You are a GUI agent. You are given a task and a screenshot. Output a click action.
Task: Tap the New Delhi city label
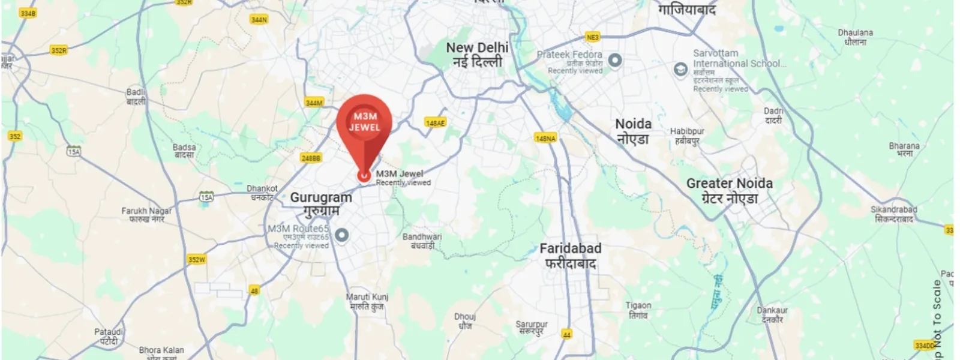click(477, 54)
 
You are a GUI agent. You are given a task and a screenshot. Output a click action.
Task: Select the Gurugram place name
click(321, 204)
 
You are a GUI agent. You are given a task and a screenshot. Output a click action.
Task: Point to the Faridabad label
click(570, 255)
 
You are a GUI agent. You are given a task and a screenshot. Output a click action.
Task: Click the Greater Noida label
click(730, 190)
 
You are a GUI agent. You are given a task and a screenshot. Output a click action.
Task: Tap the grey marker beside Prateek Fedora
click(614, 60)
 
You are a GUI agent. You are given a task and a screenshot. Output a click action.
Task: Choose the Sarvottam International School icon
click(680, 70)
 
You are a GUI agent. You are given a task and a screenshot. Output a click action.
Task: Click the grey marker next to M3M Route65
click(341, 235)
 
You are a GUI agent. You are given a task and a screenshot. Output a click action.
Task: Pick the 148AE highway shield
click(435, 123)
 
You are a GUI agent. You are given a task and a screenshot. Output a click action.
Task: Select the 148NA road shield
click(545, 139)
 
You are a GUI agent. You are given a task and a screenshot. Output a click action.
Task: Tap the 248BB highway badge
click(311, 158)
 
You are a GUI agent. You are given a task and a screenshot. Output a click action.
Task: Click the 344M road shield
click(314, 103)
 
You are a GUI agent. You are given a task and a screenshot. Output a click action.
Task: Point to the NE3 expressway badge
click(592, 37)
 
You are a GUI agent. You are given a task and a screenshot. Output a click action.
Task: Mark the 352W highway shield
click(196, 260)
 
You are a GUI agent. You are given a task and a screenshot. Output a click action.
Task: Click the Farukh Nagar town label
click(146, 215)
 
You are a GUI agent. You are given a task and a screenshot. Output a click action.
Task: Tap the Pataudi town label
click(109, 336)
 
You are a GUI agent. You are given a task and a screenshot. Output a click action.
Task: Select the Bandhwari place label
click(422, 241)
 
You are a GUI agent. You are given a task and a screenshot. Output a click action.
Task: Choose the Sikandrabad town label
click(893, 214)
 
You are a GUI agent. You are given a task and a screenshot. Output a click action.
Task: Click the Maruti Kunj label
click(367, 301)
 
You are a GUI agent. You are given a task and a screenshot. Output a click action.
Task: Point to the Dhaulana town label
click(855, 37)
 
